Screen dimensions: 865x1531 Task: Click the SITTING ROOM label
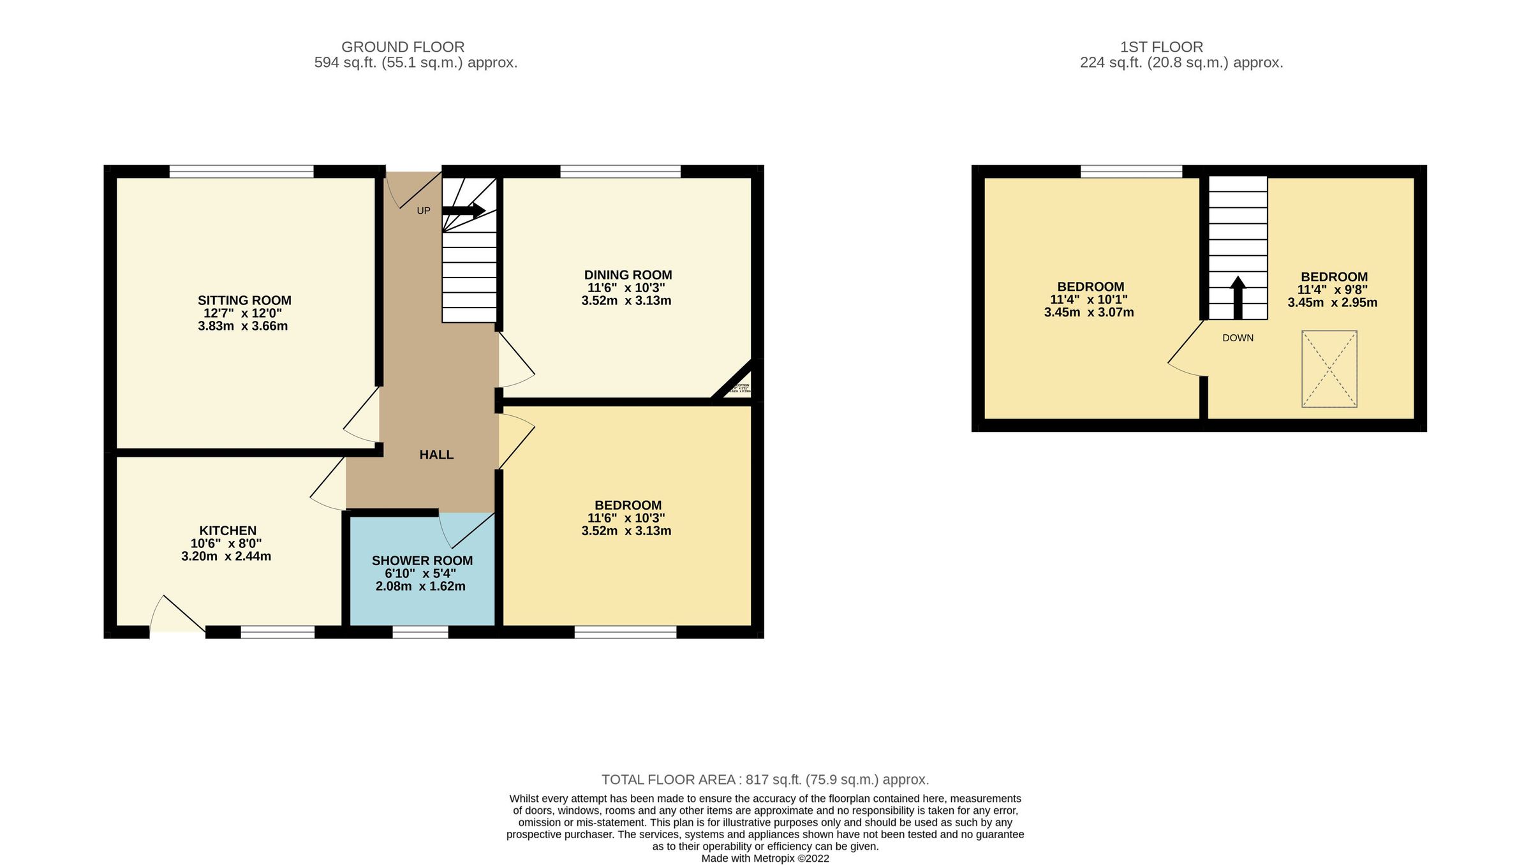244,300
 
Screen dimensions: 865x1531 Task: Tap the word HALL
436,455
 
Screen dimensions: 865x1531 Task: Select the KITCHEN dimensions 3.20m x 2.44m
226,556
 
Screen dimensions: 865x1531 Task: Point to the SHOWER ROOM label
422,561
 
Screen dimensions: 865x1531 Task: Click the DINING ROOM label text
628,275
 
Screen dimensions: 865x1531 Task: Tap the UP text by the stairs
424,211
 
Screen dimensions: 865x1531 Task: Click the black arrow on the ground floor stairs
464,211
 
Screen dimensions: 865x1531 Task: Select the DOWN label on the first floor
1238,338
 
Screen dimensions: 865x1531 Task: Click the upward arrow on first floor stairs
1238,297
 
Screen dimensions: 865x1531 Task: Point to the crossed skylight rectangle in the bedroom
1329,369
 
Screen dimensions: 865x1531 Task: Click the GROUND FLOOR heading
403,47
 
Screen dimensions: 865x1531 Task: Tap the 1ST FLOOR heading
1161,47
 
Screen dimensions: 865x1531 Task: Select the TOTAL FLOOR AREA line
765,780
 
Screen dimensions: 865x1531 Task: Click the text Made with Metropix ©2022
765,859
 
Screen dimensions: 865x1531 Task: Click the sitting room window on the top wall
241,171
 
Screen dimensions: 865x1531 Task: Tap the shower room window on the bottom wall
420,632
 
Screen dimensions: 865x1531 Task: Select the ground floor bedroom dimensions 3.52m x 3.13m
626,531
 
